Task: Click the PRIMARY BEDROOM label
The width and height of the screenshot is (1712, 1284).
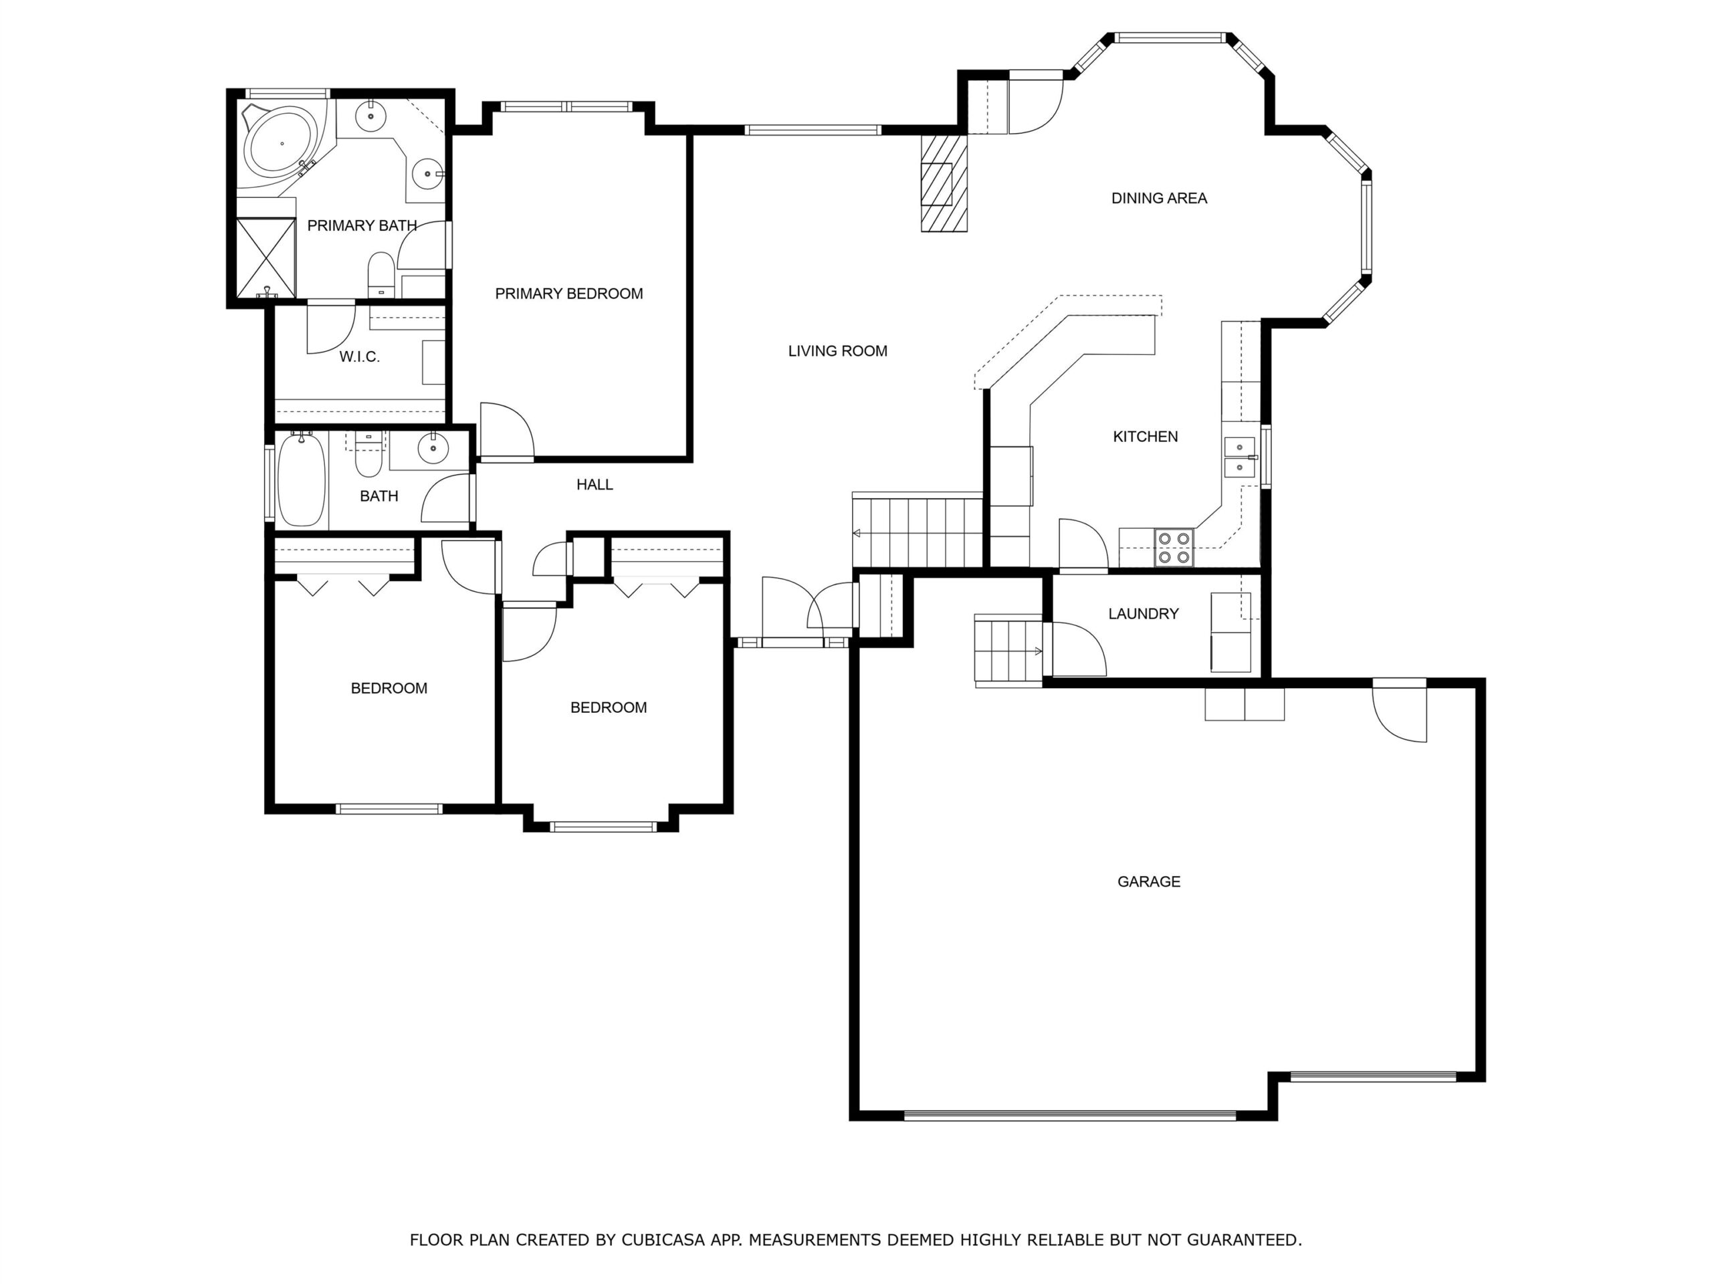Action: pyautogui.click(x=569, y=294)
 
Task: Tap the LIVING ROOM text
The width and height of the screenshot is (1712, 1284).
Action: pyautogui.click(x=837, y=351)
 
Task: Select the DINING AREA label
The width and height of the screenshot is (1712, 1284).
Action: pyautogui.click(x=1159, y=199)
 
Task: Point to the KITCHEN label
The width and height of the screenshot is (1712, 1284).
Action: pyautogui.click(x=1146, y=437)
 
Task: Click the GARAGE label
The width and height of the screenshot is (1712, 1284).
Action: pyautogui.click(x=1148, y=881)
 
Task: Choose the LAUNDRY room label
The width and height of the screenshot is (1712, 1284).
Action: pyautogui.click(x=1143, y=614)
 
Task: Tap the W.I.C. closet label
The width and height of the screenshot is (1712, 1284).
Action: pyautogui.click(x=359, y=357)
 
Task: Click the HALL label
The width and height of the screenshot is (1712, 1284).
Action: pyautogui.click(x=595, y=484)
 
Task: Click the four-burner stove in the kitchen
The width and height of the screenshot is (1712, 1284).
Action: pyautogui.click(x=1174, y=547)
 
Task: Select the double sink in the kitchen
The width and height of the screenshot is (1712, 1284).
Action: pyautogui.click(x=1239, y=457)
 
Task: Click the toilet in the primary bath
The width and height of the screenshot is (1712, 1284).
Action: pyautogui.click(x=381, y=275)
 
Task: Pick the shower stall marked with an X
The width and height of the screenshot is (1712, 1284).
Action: pyautogui.click(x=265, y=257)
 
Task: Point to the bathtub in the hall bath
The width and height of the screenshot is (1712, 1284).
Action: pyautogui.click(x=301, y=480)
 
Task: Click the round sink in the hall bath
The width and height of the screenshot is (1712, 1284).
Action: pyautogui.click(x=433, y=448)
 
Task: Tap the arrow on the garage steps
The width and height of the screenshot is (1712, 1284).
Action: pyautogui.click(x=1037, y=651)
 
